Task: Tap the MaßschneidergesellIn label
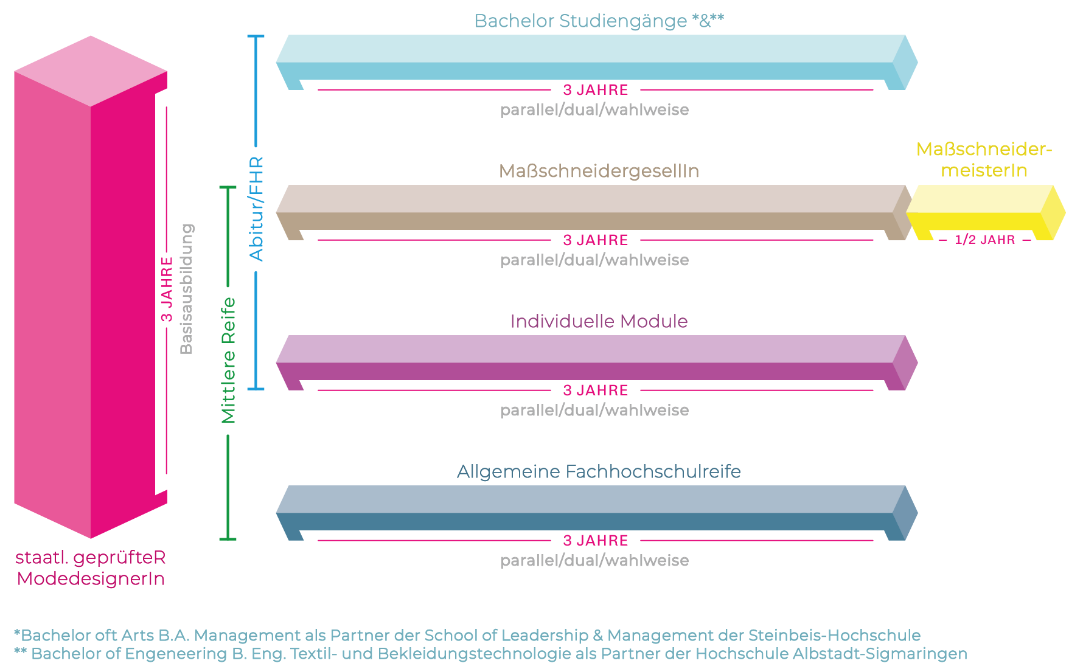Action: [599, 172]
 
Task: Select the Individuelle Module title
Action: [599, 321]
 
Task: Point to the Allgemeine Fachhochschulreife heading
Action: [599, 471]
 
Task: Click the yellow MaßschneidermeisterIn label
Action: [984, 160]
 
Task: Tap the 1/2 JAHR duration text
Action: [984, 240]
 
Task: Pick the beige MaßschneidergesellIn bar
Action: [590, 211]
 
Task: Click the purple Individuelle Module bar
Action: [590, 361]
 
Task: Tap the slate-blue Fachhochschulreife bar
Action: [590, 512]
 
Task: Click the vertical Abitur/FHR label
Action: [257, 209]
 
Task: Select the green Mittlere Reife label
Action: [228, 360]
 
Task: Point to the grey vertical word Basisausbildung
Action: [186, 289]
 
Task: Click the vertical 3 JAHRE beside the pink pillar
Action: [167, 289]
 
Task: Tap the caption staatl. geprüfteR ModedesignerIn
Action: [91, 567]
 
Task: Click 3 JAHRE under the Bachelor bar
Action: [595, 90]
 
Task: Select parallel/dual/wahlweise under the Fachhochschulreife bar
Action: [594, 561]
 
